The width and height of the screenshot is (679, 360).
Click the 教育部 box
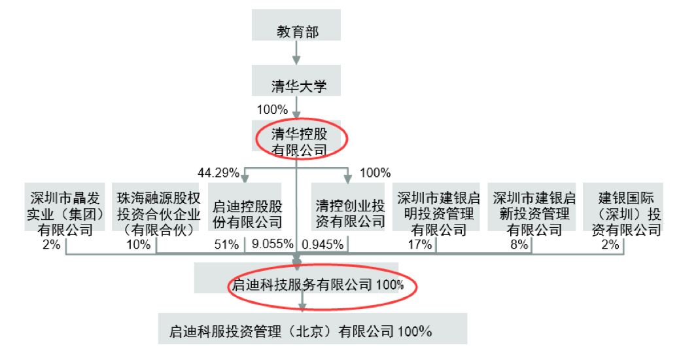(x=296, y=25)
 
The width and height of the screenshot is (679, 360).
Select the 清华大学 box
(x=296, y=81)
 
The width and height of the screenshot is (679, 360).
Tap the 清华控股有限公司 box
(x=296, y=136)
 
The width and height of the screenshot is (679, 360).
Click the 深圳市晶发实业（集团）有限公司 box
(x=65, y=207)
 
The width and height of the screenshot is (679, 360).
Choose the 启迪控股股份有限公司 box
(x=245, y=207)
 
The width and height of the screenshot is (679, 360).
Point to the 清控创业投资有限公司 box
(x=348, y=207)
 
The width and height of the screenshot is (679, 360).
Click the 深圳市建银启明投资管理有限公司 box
(x=436, y=207)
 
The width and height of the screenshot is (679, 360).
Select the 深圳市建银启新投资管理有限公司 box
(x=532, y=207)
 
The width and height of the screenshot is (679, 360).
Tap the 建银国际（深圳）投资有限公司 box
(x=623, y=207)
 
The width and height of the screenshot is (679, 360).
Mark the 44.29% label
(x=218, y=173)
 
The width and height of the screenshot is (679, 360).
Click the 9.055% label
(x=272, y=244)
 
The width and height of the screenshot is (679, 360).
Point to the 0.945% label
(x=322, y=245)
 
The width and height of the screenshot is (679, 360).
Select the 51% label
(x=226, y=245)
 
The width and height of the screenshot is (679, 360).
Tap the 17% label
(x=419, y=245)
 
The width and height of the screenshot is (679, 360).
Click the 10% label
(x=139, y=245)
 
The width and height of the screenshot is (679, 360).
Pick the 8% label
(x=519, y=245)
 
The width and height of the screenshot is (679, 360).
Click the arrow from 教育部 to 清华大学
(x=296, y=53)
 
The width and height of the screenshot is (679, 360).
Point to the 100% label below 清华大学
(x=272, y=109)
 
